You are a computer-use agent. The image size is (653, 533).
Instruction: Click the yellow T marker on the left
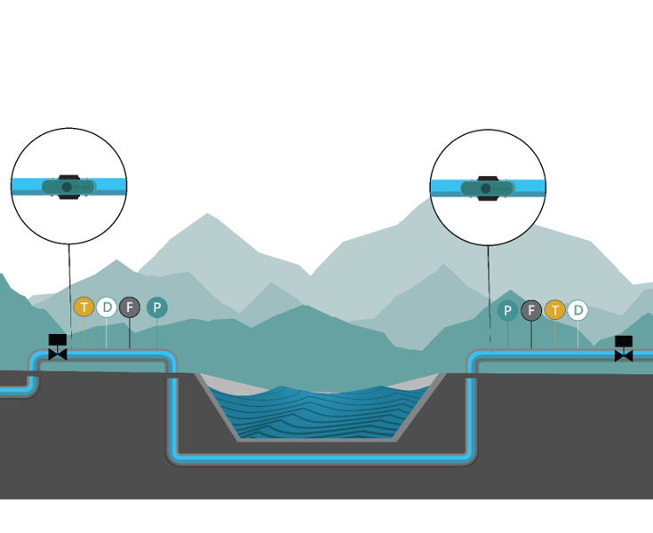pyautogui.click(x=84, y=307)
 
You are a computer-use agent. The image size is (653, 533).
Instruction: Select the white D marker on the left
pyautogui.click(x=107, y=307)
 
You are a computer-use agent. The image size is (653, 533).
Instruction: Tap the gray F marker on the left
pyautogui.click(x=130, y=307)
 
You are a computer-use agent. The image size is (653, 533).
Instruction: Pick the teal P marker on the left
pyautogui.click(x=157, y=307)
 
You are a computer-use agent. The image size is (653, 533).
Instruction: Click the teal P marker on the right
pyautogui.click(x=507, y=310)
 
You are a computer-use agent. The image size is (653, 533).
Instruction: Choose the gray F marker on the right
pyautogui.click(x=531, y=310)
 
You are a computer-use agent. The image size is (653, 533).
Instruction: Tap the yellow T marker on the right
pyautogui.click(x=555, y=310)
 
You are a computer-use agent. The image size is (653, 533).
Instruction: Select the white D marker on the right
pyautogui.click(x=578, y=310)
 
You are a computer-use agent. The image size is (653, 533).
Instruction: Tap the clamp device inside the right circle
pyautogui.click(x=487, y=188)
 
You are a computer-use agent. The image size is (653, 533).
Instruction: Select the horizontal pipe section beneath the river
pyautogui.click(x=320, y=458)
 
